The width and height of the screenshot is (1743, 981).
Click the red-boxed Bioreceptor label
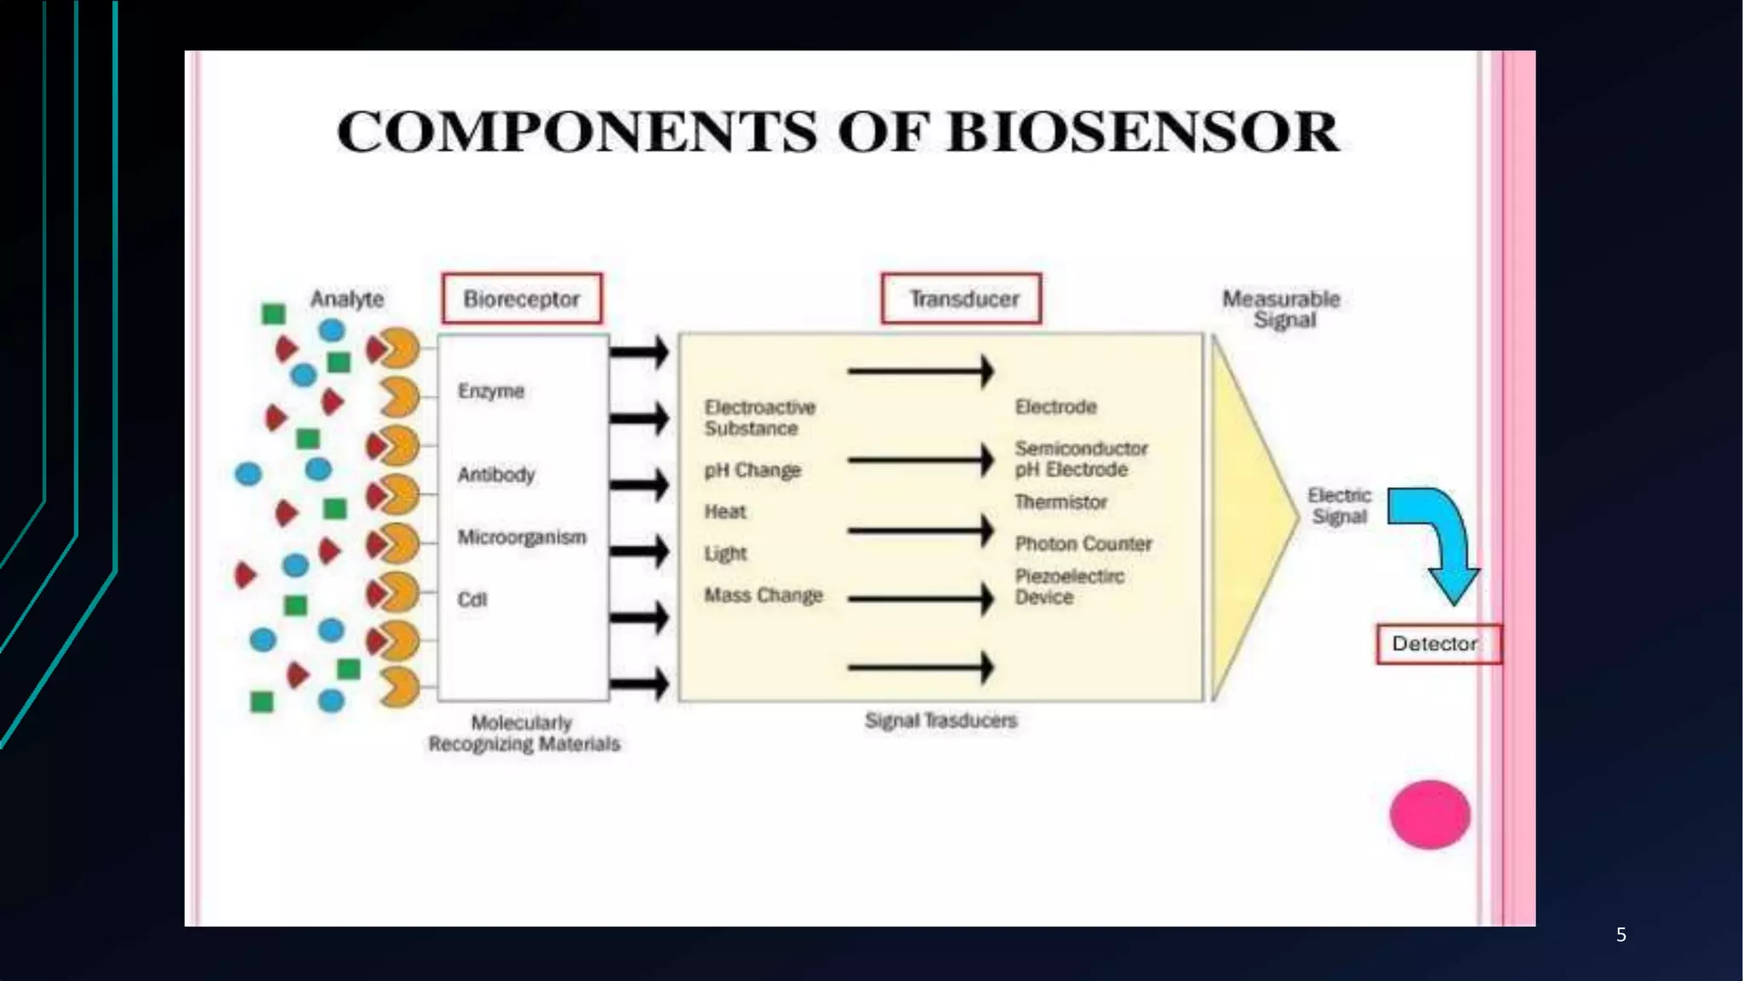coord(521,299)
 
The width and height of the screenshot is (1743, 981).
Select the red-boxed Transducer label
coord(962,299)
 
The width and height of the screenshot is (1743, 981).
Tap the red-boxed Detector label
coord(1437,644)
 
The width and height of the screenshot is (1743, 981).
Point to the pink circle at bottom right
coord(1430,814)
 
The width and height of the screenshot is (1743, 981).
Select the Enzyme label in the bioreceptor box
coord(491,391)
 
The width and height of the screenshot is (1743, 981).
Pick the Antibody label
coord(496,474)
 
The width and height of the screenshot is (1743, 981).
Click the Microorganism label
coord(522,537)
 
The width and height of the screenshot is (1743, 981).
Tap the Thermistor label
coord(1060,502)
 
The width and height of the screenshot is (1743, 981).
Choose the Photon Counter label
coord(1083,543)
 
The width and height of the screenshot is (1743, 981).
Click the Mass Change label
coord(763,595)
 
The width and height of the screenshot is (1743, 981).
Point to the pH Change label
coord(752,470)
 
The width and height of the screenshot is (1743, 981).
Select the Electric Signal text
coord(1339,506)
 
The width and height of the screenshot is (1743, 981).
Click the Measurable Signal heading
coord(1282,309)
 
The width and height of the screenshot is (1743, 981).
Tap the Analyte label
coord(346,299)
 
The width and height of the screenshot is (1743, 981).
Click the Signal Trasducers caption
coord(940,720)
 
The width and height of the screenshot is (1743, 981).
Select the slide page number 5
coord(1620,935)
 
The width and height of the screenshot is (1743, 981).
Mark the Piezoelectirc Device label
coord(1069,587)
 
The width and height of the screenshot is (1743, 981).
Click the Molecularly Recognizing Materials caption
coord(523,733)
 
